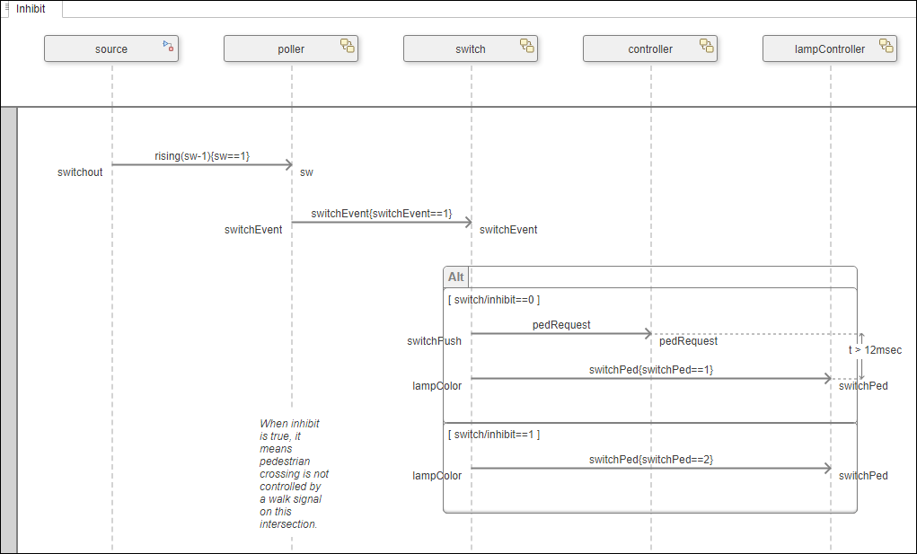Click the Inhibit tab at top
31,9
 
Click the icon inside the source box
168,45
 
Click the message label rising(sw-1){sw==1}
202,156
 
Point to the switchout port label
80,171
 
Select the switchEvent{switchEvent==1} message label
382,214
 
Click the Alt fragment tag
456,277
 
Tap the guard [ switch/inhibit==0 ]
494,300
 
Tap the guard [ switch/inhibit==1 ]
494,435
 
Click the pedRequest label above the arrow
561,325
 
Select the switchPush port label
434,341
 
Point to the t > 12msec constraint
875,350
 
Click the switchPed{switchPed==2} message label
651,460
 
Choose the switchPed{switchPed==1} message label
651,370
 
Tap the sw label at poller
306,171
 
